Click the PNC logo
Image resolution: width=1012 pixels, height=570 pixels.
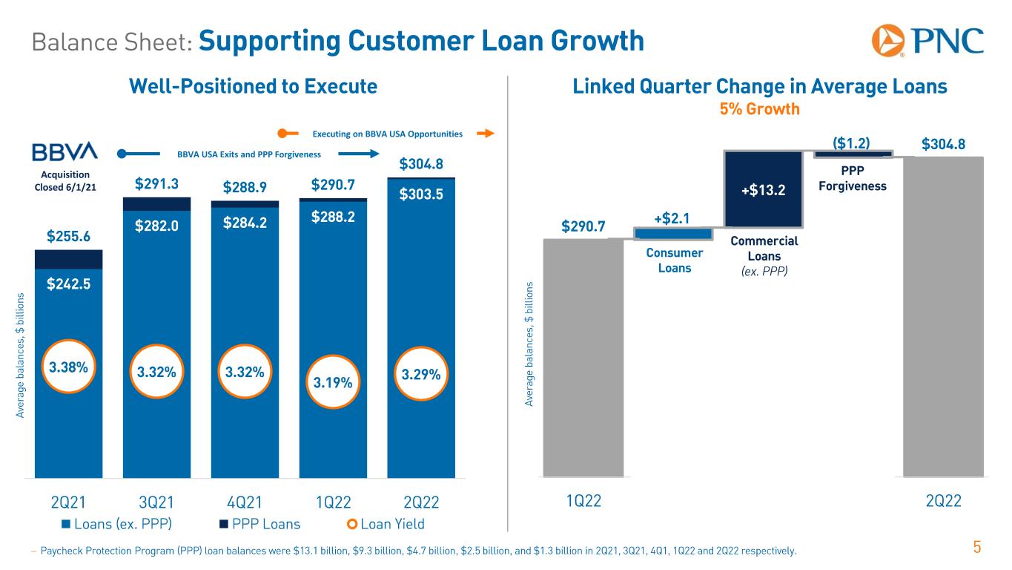(927, 40)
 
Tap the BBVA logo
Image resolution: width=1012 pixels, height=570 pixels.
(65, 151)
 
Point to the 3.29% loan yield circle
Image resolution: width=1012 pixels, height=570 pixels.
(421, 375)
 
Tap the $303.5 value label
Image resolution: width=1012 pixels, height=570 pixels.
(421, 194)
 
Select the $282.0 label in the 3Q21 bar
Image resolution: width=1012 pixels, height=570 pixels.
(156, 226)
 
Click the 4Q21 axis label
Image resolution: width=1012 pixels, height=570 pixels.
(244, 502)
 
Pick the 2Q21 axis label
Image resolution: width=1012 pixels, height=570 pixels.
(67, 502)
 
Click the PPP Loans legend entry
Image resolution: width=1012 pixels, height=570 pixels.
(259, 524)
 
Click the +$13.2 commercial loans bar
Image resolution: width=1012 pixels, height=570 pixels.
(763, 189)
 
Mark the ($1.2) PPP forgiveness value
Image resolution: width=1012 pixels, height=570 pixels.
(852, 143)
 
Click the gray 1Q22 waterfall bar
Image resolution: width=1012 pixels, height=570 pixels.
(583, 356)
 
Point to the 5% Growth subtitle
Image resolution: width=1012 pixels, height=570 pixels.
(760, 110)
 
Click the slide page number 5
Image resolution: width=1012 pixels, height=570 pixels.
(977, 548)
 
